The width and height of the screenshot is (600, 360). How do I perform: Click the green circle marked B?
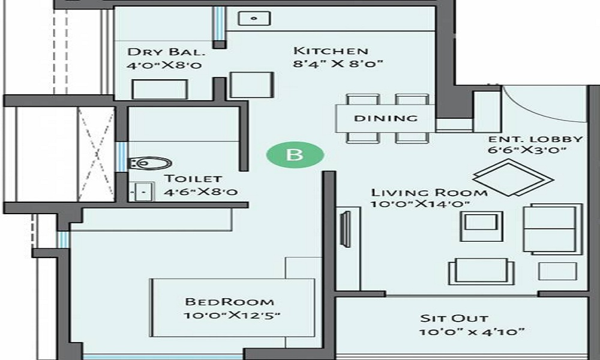tap(295, 155)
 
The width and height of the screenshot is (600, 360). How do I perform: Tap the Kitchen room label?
tap(330, 50)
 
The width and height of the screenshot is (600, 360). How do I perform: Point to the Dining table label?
tap(385, 118)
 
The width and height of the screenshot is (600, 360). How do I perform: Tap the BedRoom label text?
tap(230, 302)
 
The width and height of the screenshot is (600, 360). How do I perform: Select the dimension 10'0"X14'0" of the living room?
tap(420, 205)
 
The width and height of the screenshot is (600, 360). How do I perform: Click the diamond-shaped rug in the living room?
tap(512, 178)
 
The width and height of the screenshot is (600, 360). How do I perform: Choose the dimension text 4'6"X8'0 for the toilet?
tap(202, 193)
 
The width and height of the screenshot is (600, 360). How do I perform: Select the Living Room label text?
tap(429, 193)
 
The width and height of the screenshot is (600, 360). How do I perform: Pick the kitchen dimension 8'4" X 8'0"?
tap(338, 64)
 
